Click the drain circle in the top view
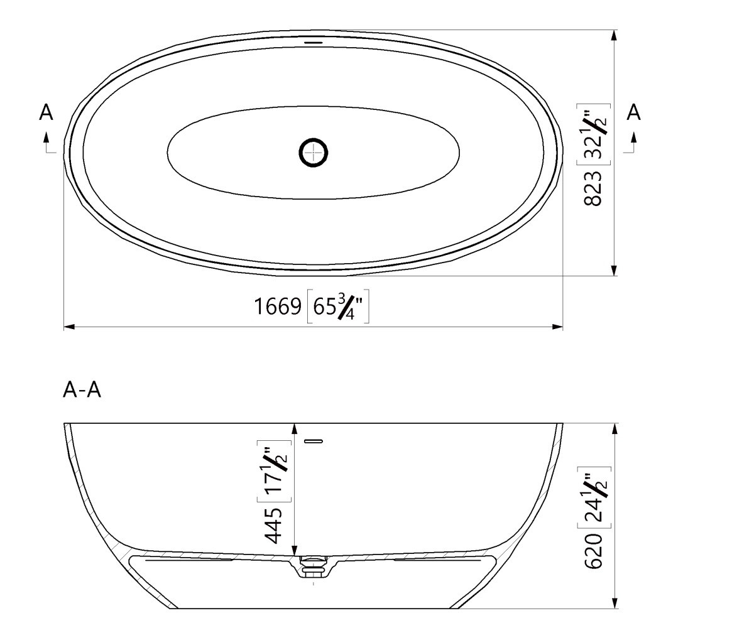[x=313, y=152]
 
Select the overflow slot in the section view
[x=313, y=441]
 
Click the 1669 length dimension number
[x=278, y=306]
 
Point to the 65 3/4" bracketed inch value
[x=338, y=306]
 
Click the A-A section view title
[x=82, y=391]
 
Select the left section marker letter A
[x=46, y=113]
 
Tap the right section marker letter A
[x=634, y=113]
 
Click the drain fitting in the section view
[x=313, y=565]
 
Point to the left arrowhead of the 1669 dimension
[x=69, y=327]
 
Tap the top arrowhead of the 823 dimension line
[x=614, y=35]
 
